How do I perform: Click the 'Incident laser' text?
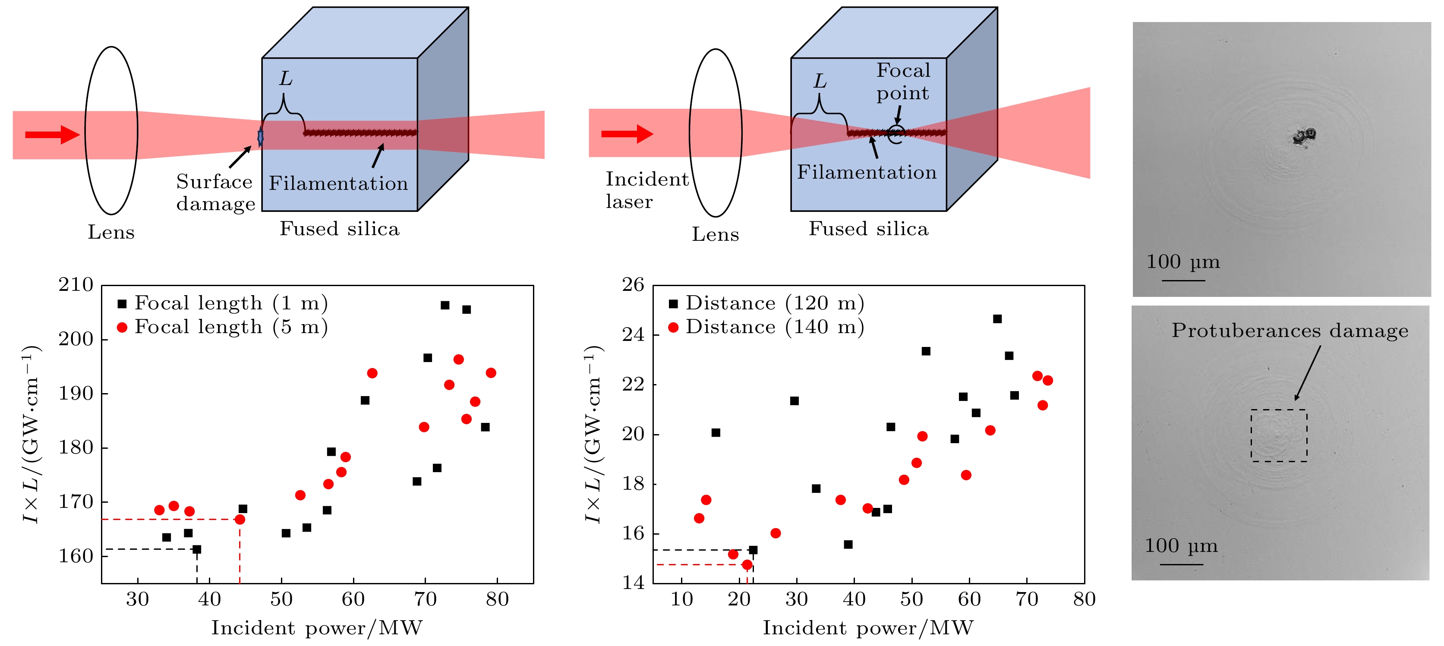[x=646, y=190]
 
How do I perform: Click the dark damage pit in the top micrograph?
[x=1304, y=136]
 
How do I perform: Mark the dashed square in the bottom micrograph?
[x=1279, y=435]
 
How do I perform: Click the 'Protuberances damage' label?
[x=1290, y=331]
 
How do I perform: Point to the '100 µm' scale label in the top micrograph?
[x=1183, y=262]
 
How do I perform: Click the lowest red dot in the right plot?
[x=747, y=565]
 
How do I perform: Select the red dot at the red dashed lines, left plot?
[x=240, y=520]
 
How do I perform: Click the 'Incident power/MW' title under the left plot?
[x=317, y=628]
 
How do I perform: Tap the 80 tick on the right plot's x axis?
[x=1084, y=599]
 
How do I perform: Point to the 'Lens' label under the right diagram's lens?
[x=715, y=234]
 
